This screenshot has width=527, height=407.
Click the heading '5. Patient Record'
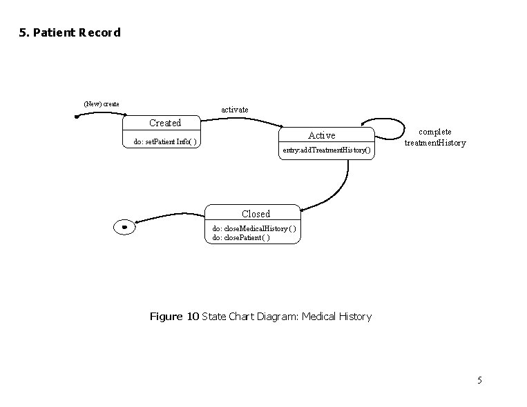coord(70,32)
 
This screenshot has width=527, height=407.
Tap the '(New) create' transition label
coord(101,104)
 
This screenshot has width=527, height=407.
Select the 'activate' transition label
coord(234,110)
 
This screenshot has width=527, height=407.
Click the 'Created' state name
coord(165,123)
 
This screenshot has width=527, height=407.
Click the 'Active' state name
coord(321,135)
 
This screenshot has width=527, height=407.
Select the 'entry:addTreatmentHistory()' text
coord(327,150)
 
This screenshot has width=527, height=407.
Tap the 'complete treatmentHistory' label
coord(435,137)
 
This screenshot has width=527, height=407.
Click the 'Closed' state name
coord(256,214)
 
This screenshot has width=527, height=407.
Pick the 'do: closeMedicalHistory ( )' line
coord(254,228)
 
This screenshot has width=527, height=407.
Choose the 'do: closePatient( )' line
coord(241,237)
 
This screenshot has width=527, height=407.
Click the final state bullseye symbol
coord(124,227)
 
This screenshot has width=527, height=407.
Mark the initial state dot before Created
coord(77,117)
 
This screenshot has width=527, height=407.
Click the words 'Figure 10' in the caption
coord(174,317)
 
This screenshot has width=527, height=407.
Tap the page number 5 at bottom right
coord(479,380)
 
